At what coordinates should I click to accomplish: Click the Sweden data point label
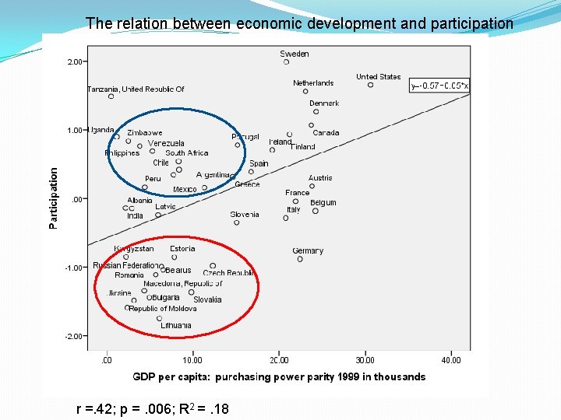pyautogui.click(x=295, y=54)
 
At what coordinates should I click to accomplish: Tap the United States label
pyautogui.click(x=378, y=76)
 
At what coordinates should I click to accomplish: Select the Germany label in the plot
pyautogui.click(x=308, y=250)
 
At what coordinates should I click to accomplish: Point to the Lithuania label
pyautogui.click(x=176, y=325)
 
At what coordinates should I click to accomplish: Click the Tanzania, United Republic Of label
pyautogui.click(x=136, y=89)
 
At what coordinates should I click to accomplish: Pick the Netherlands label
pyautogui.click(x=313, y=82)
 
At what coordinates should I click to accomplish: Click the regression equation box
pyautogui.click(x=439, y=86)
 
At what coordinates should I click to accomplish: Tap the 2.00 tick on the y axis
pyautogui.click(x=76, y=61)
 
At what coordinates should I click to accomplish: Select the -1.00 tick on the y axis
pyautogui.click(x=74, y=268)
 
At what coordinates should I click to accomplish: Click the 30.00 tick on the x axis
pyautogui.click(x=365, y=360)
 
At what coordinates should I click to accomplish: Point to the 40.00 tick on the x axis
pyautogui.click(x=451, y=360)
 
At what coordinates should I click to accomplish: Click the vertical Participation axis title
pyautogui.click(x=54, y=198)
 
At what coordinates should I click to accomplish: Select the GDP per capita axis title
pyautogui.click(x=279, y=377)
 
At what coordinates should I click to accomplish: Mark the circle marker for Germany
pyautogui.click(x=300, y=259)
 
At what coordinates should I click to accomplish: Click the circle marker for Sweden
pyautogui.click(x=286, y=62)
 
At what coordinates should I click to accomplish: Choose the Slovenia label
pyautogui.click(x=245, y=214)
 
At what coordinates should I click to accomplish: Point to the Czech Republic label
pyautogui.click(x=229, y=273)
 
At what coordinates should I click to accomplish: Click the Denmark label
pyautogui.click(x=324, y=103)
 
